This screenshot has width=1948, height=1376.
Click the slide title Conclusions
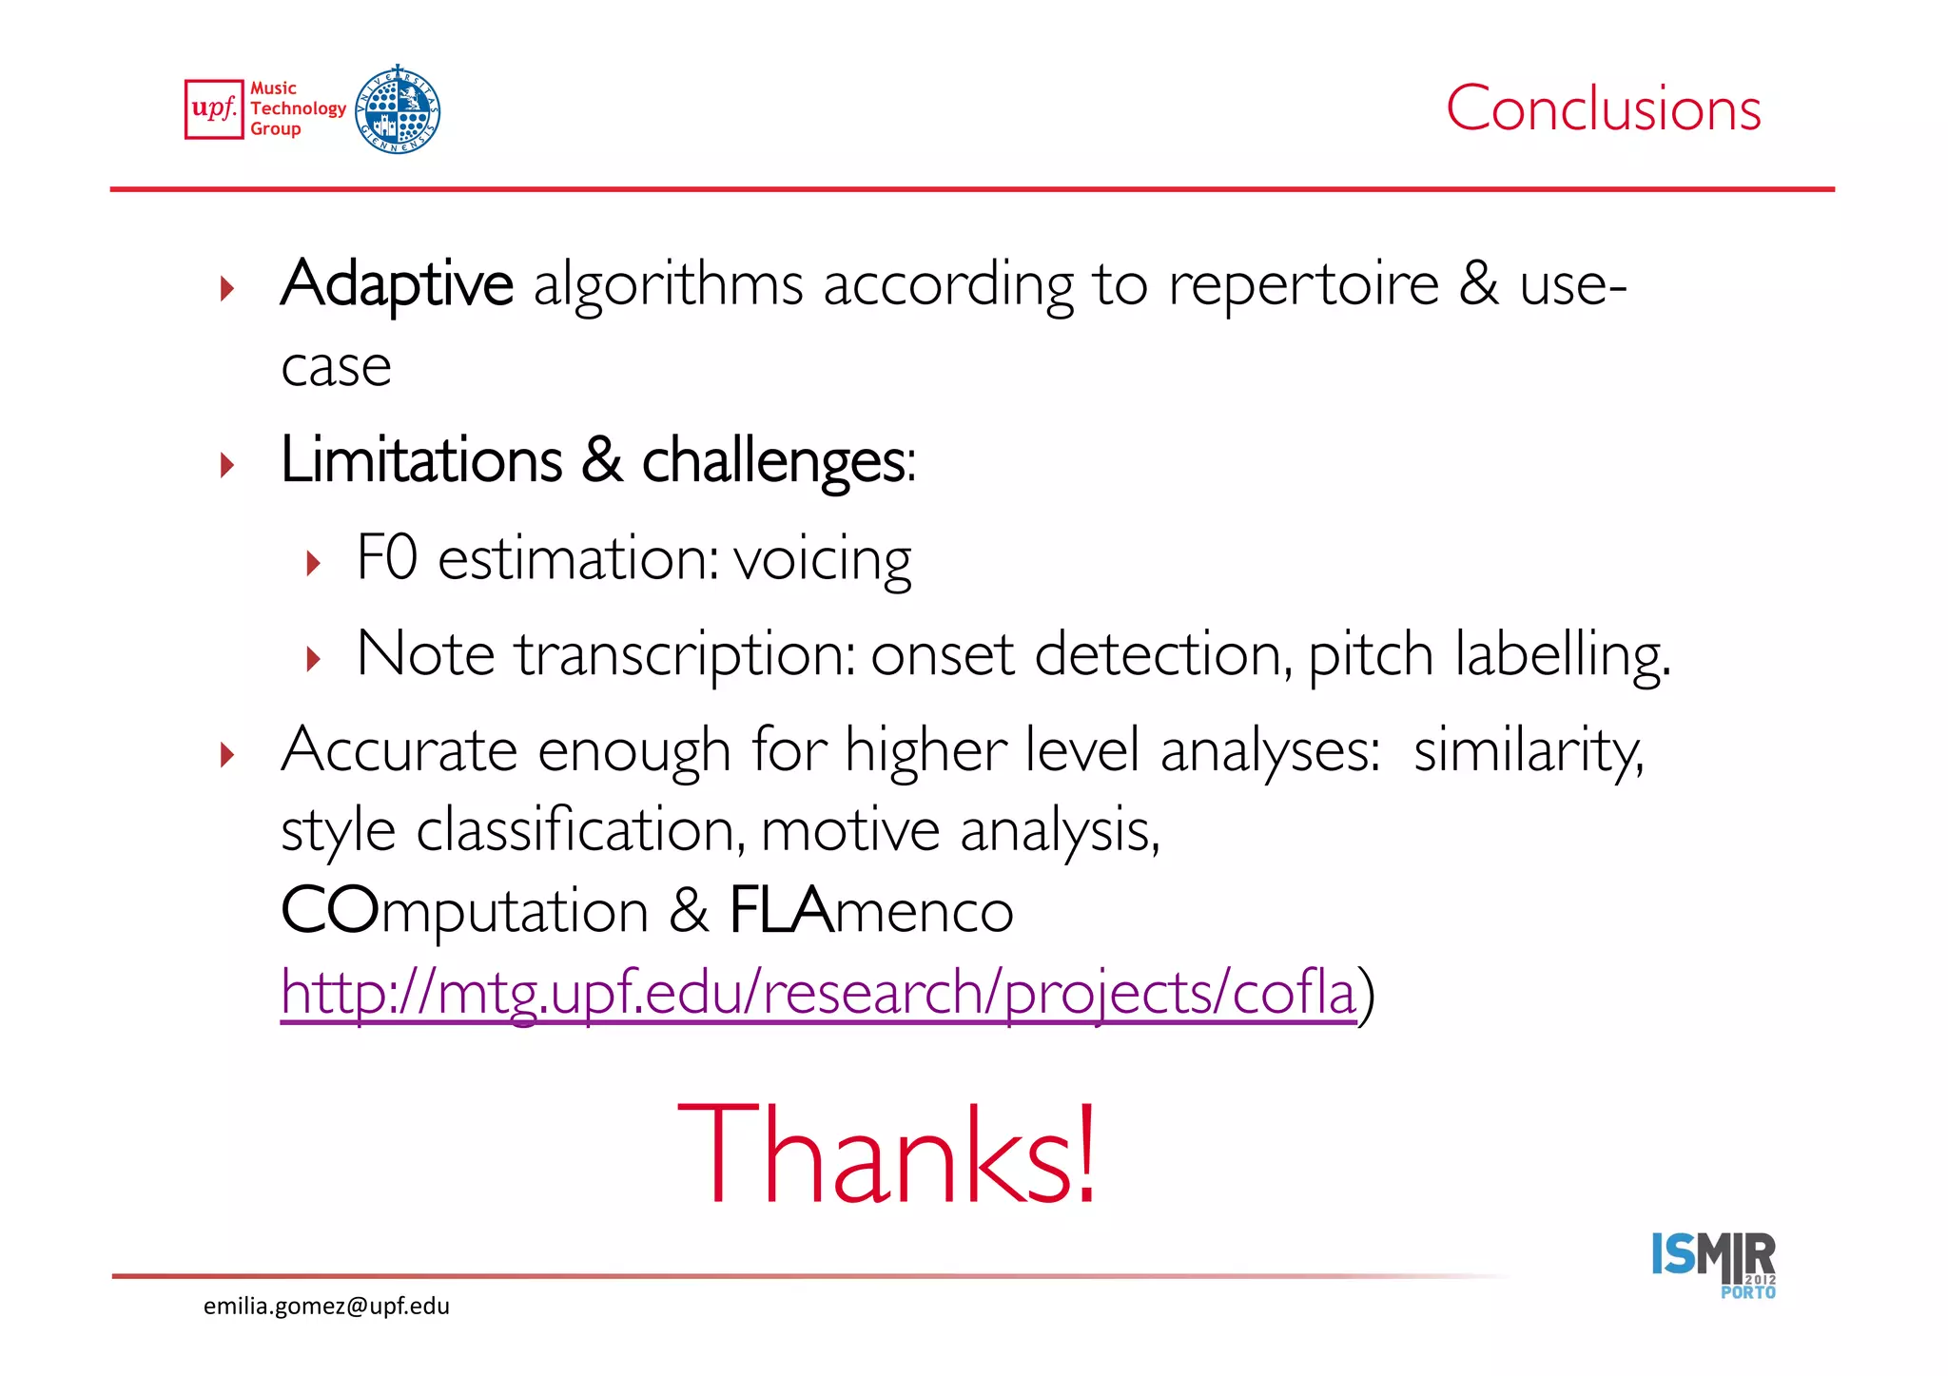click(x=1603, y=108)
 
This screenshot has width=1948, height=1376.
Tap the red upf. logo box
click(x=214, y=109)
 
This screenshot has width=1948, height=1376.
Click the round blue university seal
click(x=398, y=110)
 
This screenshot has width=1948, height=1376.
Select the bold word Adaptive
click(x=397, y=283)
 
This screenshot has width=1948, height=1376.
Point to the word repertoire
click(x=1303, y=283)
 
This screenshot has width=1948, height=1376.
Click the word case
click(x=336, y=367)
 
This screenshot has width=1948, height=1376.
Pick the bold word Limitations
click(x=421, y=460)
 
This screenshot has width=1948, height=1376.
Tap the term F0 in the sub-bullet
click(x=386, y=557)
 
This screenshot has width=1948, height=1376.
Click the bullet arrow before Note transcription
click(x=314, y=658)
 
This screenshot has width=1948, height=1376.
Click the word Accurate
click(x=399, y=750)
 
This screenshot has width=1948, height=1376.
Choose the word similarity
click(x=1528, y=751)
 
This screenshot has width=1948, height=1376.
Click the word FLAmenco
click(x=870, y=911)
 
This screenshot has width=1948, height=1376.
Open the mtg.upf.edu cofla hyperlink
click(x=818, y=993)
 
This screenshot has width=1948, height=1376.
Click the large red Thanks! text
click(x=887, y=1153)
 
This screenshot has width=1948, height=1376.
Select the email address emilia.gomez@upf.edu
click(x=326, y=1307)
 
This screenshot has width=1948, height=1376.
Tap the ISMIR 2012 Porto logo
click(x=1713, y=1264)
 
